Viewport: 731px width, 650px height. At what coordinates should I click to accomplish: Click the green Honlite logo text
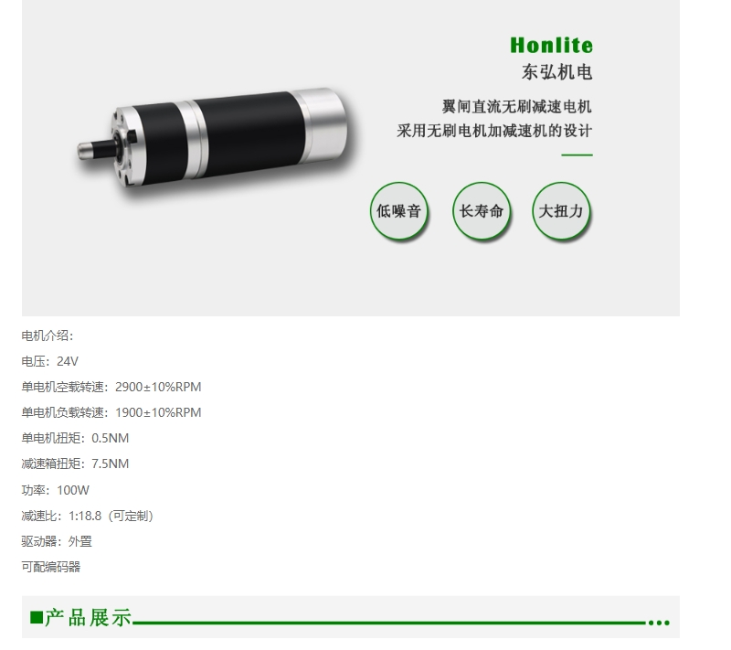pyautogui.click(x=551, y=45)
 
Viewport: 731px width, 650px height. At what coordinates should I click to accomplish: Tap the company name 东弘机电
pyautogui.click(x=556, y=72)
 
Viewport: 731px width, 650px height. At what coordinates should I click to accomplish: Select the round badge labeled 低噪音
pyautogui.click(x=398, y=211)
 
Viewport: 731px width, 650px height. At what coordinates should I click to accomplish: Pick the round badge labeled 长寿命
pyautogui.click(x=482, y=211)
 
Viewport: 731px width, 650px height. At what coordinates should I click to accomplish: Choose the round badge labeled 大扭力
pyautogui.click(x=561, y=211)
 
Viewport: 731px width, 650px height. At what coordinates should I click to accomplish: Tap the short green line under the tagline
pyautogui.click(x=577, y=155)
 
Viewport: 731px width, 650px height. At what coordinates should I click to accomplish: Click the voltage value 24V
pyautogui.click(x=68, y=361)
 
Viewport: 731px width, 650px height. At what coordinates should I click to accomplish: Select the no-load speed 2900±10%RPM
pyautogui.click(x=158, y=387)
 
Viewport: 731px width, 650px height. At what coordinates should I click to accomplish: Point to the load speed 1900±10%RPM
pyautogui.click(x=158, y=412)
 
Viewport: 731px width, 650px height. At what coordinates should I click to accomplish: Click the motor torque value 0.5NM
pyautogui.click(x=110, y=438)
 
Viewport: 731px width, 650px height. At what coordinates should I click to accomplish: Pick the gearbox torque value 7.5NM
pyautogui.click(x=110, y=464)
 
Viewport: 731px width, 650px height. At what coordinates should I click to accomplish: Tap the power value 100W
pyautogui.click(x=73, y=490)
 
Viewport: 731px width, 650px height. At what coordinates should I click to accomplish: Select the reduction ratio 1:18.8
pyautogui.click(x=85, y=516)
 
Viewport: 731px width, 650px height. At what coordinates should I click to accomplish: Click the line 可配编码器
pyautogui.click(x=51, y=567)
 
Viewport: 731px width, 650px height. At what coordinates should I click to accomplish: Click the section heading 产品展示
pyautogui.click(x=88, y=617)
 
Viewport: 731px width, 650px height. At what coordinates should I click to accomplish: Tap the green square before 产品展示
pyautogui.click(x=37, y=617)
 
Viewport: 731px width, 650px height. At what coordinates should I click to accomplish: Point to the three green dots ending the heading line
pyautogui.click(x=659, y=623)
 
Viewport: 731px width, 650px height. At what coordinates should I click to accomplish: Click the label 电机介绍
pyautogui.click(x=45, y=336)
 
